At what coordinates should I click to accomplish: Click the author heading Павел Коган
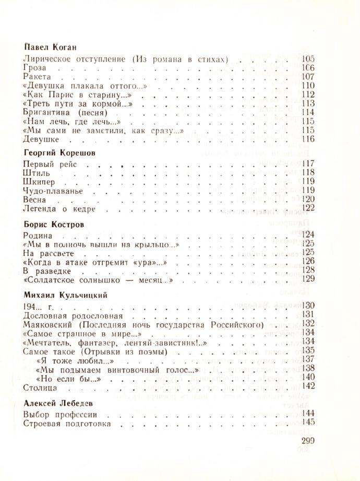pos(50,48)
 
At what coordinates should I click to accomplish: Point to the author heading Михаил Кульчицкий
pos(65,295)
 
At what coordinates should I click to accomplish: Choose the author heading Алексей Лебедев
pos(56,404)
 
